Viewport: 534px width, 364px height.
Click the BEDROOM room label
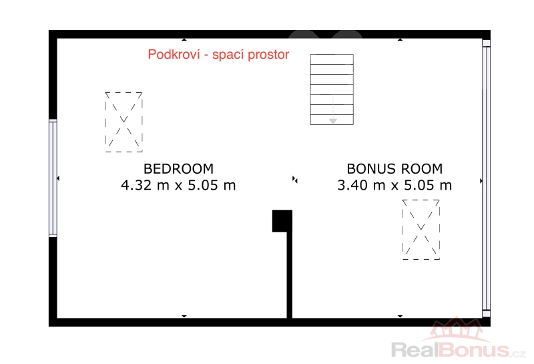coord(178,169)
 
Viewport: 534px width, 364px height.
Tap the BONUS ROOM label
coord(394,169)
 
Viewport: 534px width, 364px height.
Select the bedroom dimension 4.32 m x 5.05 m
coord(178,185)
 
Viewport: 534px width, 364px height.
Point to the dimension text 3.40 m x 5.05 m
coord(394,185)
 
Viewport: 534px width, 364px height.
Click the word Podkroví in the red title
coord(174,55)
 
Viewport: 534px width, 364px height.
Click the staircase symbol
coord(332,89)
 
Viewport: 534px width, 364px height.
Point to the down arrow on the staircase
coord(333,110)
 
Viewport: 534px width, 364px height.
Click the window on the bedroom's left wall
coord(53,178)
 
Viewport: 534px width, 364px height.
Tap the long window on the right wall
coord(487,178)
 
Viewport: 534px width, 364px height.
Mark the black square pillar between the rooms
coord(282,221)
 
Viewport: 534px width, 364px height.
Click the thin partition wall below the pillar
coord(290,275)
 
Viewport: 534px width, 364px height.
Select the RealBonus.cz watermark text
coord(459,350)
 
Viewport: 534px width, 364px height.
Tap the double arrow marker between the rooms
coord(295,179)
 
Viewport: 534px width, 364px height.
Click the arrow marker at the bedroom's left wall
coord(58,178)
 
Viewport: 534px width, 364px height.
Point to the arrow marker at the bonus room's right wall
coord(481,181)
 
